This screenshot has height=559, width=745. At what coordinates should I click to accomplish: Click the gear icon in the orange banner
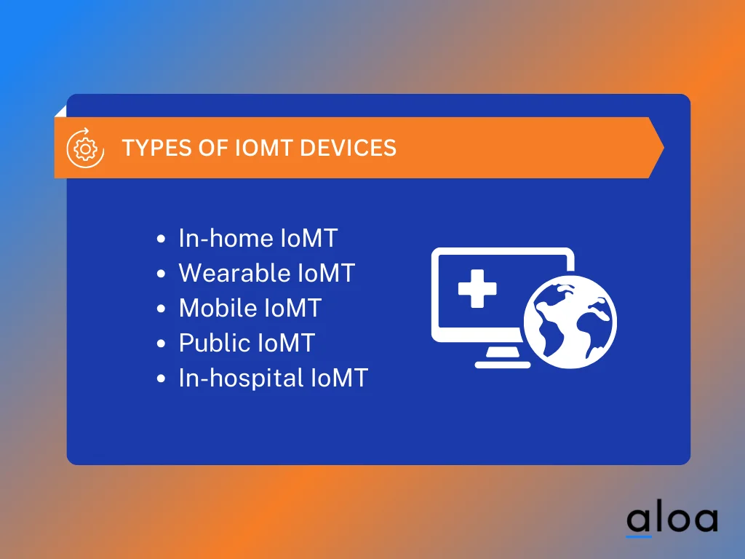point(86,148)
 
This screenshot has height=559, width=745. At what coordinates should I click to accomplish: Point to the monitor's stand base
point(498,362)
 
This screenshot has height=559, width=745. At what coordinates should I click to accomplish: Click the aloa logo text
point(672,519)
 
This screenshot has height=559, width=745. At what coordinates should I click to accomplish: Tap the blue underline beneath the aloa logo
point(639,536)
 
